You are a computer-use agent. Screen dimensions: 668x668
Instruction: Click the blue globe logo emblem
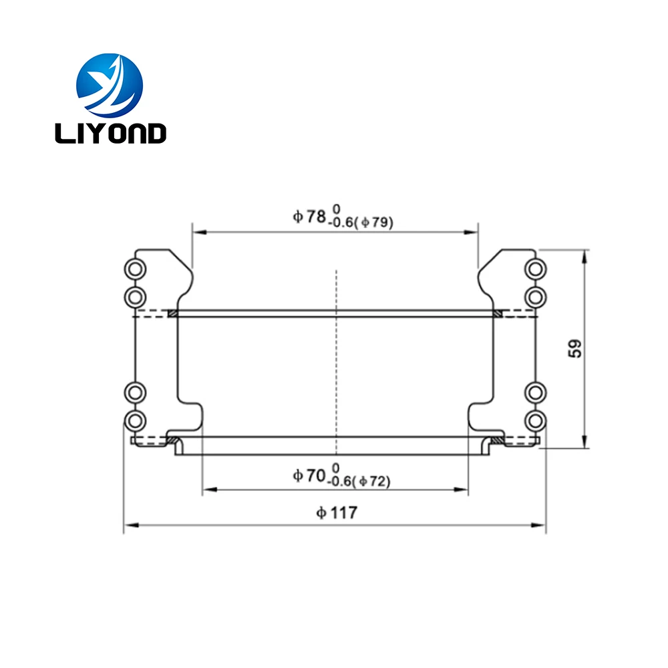pos(110,86)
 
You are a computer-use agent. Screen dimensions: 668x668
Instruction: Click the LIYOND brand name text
pos(110,134)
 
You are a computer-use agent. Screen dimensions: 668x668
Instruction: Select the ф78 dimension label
pos(309,217)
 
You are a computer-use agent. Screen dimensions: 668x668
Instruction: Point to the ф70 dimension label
pos(309,476)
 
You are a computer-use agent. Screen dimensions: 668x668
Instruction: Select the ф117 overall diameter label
pos(337,512)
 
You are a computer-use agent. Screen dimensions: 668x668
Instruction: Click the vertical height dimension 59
pos(575,349)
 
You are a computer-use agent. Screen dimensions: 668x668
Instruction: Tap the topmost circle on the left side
pos(135,269)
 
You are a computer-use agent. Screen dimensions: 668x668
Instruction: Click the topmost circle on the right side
pos(536,269)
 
